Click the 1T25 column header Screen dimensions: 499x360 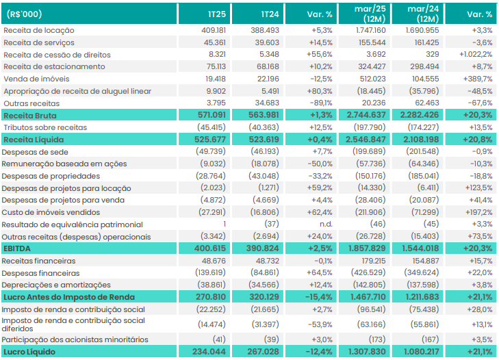(217, 14)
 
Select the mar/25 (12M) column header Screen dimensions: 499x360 (370, 14)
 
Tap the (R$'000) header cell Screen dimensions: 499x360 (24, 14)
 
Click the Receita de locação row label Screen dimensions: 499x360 (39, 30)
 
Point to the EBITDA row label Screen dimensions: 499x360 (17, 248)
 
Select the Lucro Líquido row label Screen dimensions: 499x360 (29, 352)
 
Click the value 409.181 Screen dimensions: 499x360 (214, 30)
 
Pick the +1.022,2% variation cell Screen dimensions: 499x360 (476, 55)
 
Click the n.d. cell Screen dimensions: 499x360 (326, 224)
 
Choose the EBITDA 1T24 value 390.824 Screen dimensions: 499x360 (263, 248)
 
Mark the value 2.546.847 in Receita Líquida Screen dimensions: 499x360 (366, 140)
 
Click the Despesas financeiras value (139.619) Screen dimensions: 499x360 (210, 272)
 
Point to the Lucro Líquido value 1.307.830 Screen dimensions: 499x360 (367, 352)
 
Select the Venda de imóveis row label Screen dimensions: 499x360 (36, 79)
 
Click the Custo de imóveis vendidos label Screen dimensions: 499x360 (51, 212)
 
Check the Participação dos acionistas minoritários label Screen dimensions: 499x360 (75, 339)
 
